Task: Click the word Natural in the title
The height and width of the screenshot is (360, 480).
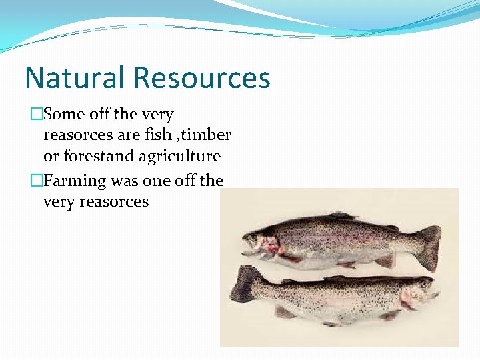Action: (75, 77)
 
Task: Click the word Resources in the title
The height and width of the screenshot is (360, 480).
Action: (202, 77)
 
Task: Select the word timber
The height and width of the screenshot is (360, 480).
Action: (207, 135)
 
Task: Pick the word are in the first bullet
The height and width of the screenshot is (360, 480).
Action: (129, 135)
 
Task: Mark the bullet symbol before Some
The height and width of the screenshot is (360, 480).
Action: (36, 115)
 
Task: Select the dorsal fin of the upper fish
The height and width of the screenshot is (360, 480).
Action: (343, 216)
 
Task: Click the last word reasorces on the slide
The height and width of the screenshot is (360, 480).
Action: (114, 201)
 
